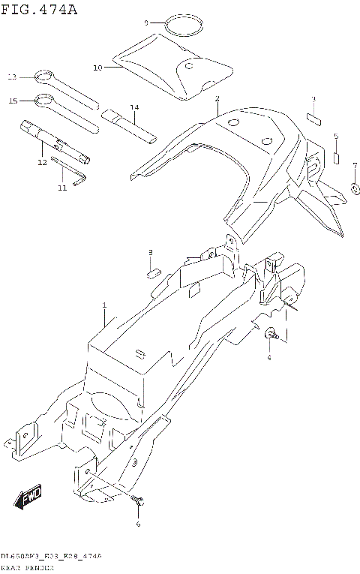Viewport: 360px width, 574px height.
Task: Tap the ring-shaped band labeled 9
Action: coord(184,26)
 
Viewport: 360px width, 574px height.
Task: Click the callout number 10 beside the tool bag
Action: coord(97,68)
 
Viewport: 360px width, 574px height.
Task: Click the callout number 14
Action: coord(134,107)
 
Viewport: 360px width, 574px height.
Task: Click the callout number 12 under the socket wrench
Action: coord(42,162)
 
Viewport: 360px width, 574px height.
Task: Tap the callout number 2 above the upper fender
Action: coord(217,99)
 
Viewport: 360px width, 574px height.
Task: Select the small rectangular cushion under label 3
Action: coord(314,117)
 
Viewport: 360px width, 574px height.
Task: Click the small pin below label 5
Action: coord(337,158)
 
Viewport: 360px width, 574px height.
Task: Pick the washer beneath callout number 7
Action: coord(354,188)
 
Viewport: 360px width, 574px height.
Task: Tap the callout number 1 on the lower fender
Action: coord(104,305)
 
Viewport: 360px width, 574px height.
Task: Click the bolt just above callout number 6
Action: coord(137,500)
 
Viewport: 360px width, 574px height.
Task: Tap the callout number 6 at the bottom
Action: coord(138,524)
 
